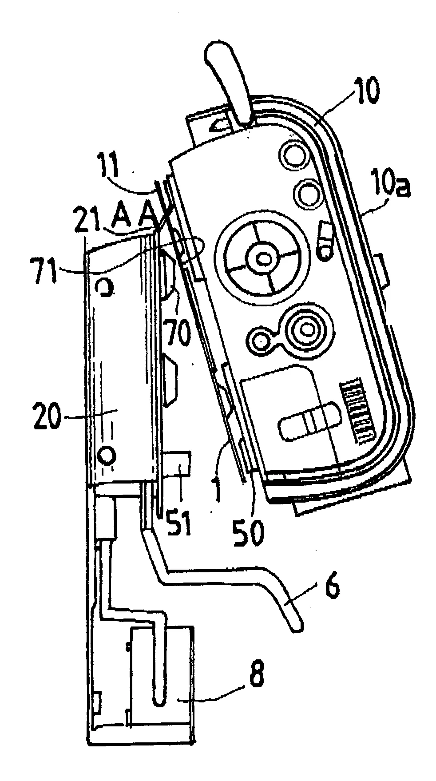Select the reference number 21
click(x=88, y=218)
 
